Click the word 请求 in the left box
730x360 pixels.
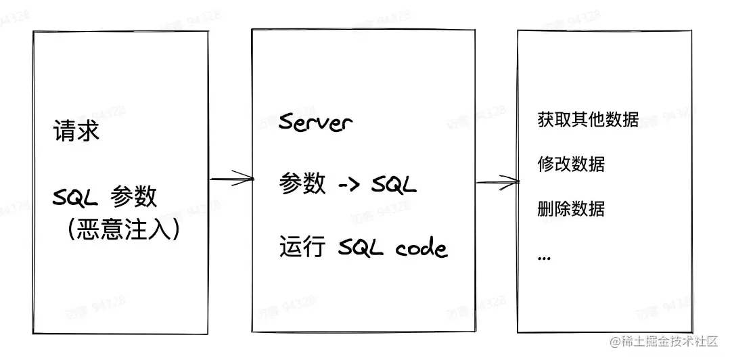click(76, 131)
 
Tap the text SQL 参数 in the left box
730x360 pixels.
click(105, 197)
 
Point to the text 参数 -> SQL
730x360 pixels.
click(348, 184)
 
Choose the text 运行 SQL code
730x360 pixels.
click(363, 248)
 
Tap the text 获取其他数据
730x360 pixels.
click(588, 120)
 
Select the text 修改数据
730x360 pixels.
click(571, 164)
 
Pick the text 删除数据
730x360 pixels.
click(571, 208)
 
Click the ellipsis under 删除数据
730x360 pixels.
click(545, 257)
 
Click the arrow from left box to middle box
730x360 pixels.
click(231, 179)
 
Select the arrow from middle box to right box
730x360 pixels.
click(497, 181)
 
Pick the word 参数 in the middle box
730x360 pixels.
click(302, 184)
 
